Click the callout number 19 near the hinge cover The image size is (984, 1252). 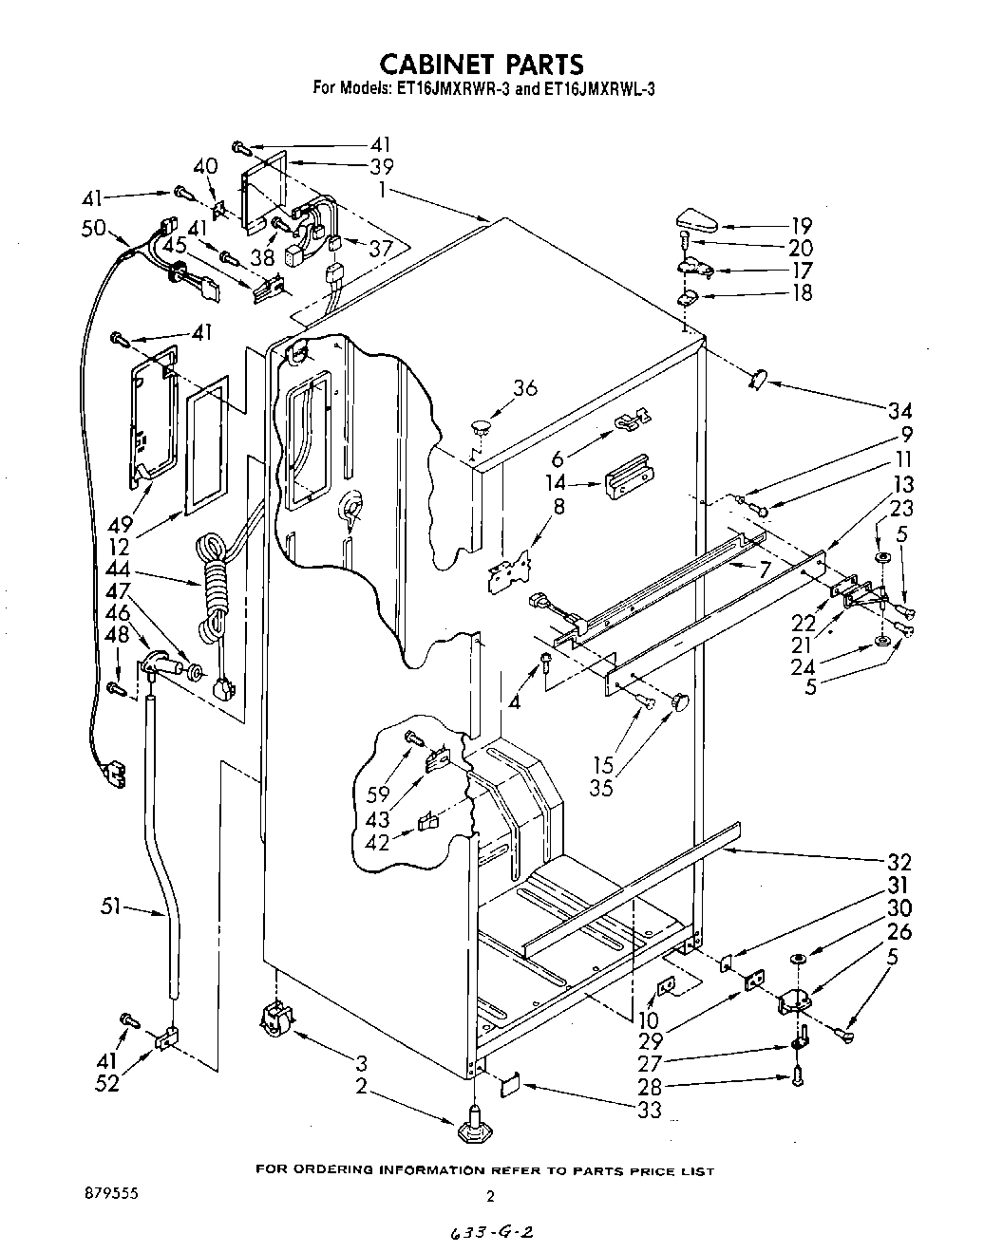click(803, 226)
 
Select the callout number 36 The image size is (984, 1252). click(524, 387)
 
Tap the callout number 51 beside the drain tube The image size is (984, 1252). click(111, 908)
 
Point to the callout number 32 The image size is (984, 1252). click(899, 862)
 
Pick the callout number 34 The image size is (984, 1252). click(899, 411)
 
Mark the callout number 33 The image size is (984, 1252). click(649, 1108)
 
